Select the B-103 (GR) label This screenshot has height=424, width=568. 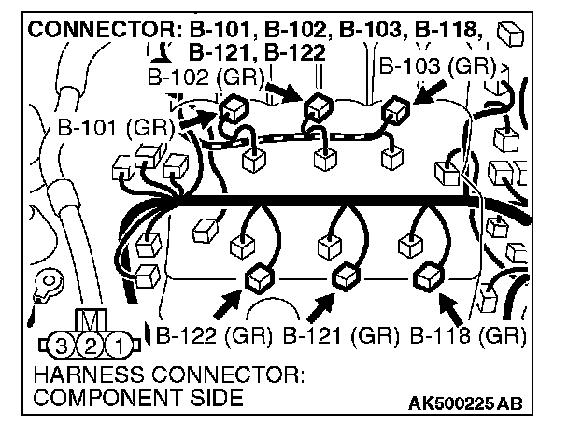pyautogui.click(x=435, y=66)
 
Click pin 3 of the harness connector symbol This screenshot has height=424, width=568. pyautogui.click(x=64, y=347)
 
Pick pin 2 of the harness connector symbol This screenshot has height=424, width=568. pyautogui.click(x=92, y=347)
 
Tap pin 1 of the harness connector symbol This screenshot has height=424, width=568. pyautogui.click(x=119, y=347)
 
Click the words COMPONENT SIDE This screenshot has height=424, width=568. pyautogui.click(x=137, y=398)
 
